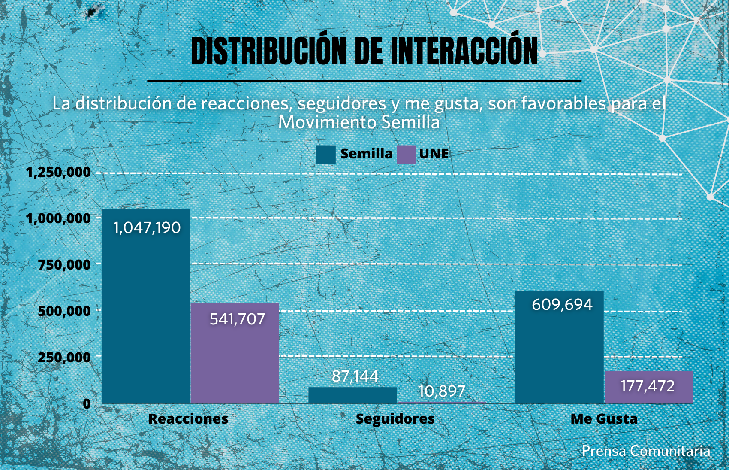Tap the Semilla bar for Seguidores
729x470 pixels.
tap(352, 395)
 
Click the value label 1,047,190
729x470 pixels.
tap(147, 228)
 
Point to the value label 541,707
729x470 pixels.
tap(237, 319)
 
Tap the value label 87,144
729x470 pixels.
tap(355, 376)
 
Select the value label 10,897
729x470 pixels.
tap(441, 391)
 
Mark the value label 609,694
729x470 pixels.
tap(562, 305)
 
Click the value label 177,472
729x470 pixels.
tap(648, 386)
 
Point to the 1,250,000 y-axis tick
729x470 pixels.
tap(58, 172)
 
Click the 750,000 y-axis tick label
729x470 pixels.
tap(64, 265)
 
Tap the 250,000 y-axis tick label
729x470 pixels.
tap(64, 357)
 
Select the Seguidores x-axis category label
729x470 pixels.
tap(395, 419)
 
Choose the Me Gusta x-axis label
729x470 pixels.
tap(604, 419)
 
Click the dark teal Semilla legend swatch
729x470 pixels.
tap(326, 155)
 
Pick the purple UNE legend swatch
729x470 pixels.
tap(407, 155)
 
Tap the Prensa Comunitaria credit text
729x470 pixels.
tap(646, 451)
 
